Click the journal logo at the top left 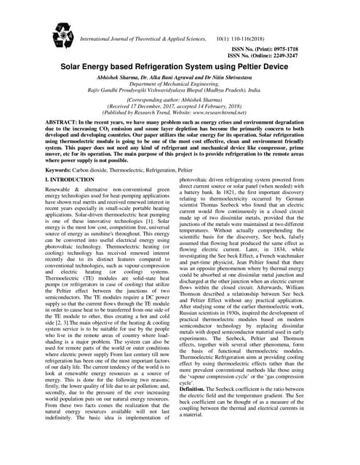coord(64,35)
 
